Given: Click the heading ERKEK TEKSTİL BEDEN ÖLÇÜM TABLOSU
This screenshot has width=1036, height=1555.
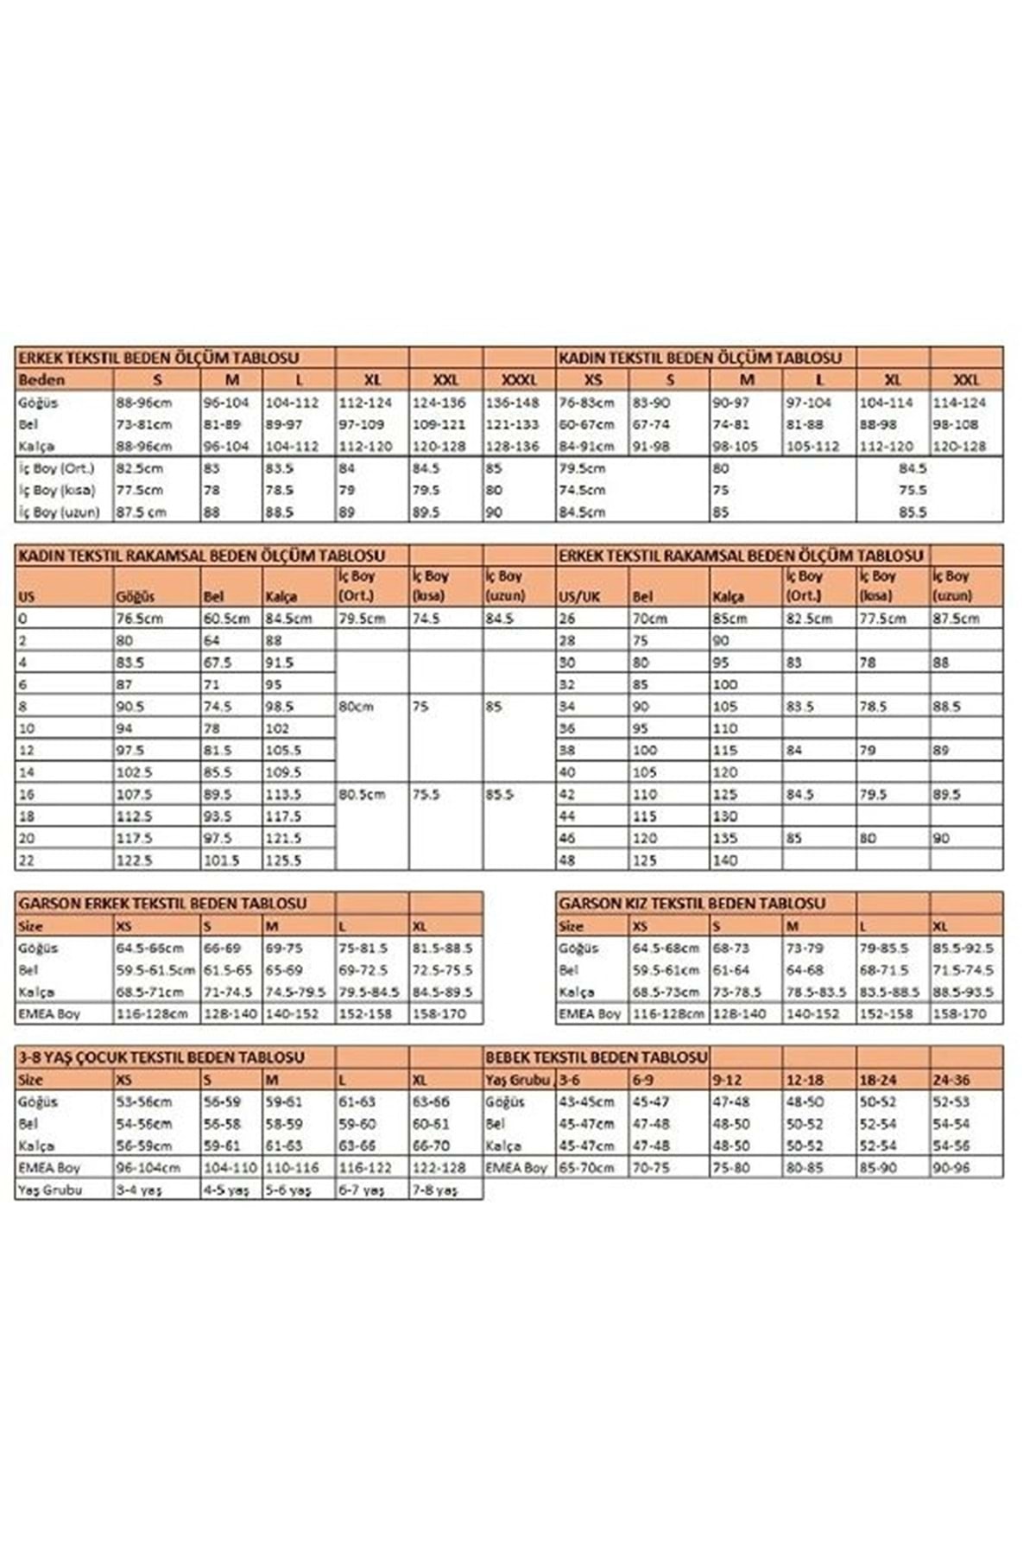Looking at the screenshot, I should tap(159, 357).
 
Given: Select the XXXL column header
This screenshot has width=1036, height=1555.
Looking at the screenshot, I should tap(518, 379).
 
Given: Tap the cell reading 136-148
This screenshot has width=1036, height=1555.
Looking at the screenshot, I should tap(513, 403).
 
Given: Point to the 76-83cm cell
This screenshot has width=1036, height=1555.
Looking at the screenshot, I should tap(586, 403).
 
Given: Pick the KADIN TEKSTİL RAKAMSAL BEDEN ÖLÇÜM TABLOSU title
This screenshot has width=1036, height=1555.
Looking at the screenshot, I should tap(200, 555).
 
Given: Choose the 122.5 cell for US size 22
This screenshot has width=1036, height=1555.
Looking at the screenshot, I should tap(135, 860).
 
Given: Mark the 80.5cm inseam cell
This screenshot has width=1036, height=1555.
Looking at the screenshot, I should tap(362, 794).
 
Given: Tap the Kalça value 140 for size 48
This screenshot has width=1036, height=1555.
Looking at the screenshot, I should tap(725, 860).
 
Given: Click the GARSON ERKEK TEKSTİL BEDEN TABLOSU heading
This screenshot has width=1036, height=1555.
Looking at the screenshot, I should tap(162, 904).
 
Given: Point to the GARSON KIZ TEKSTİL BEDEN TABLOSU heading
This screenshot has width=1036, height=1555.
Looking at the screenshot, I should tap(692, 904).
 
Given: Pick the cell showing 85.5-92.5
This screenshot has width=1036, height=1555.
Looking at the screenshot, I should tap(963, 948).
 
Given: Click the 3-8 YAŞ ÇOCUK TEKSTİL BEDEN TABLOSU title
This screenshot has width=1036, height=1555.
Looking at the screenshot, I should tap(161, 1057).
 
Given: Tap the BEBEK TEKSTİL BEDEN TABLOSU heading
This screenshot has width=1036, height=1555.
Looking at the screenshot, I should tap(596, 1057).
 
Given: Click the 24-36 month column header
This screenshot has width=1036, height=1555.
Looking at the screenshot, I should tap(951, 1079).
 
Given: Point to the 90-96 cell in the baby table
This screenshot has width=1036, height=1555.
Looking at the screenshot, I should tap(951, 1167).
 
